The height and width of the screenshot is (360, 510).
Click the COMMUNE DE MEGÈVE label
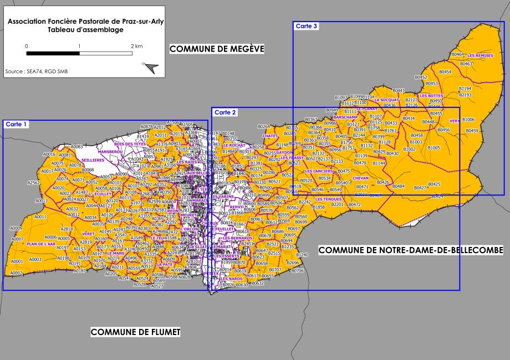[217, 49]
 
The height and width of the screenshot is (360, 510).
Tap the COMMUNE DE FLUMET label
[135, 332]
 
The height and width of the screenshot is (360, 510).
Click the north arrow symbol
[150, 68]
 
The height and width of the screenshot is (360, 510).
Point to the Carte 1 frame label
[17, 125]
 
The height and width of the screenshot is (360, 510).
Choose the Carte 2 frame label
[225, 112]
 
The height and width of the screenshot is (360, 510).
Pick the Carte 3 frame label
[307, 26]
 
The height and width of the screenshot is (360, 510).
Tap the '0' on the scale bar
[27, 46]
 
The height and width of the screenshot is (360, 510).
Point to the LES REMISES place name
[480, 56]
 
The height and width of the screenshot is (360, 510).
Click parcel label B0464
[457, 54]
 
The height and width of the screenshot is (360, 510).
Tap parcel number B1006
[468, 120]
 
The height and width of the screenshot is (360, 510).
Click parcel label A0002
[16, 273]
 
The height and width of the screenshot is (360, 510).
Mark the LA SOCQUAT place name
[386, 100]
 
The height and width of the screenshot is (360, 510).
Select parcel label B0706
[298, 271]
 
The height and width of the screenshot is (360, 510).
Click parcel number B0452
[421, 77]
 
